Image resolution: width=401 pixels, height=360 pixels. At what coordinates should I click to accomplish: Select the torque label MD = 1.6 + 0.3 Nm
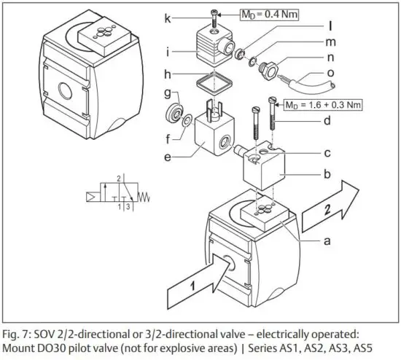[x=321, y=104]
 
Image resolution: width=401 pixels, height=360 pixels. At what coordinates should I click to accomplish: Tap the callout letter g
[x=166, y=94]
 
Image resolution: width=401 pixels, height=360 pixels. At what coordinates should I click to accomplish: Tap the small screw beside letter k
[x=213, y=17]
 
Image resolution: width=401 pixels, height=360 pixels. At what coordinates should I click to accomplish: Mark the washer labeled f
[x=187, y=120]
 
